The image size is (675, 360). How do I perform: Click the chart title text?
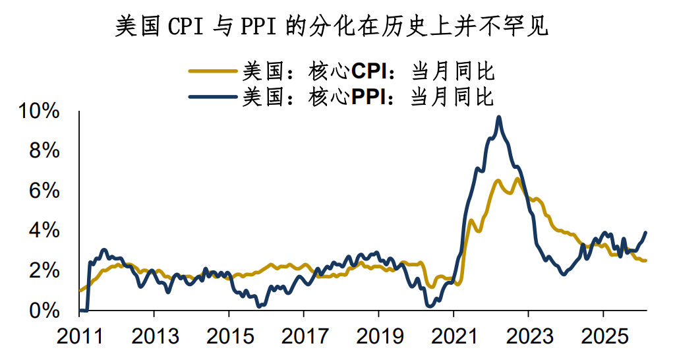point(332,27)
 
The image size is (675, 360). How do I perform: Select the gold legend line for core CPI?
point(212,70)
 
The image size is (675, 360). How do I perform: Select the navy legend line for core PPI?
point(212,97)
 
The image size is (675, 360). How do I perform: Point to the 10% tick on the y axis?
point(41,111)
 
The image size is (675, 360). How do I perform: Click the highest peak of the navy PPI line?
point(499,117)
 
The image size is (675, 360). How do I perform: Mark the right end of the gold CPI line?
point(645,260)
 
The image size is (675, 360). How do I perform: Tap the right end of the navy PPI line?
point(645,232)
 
